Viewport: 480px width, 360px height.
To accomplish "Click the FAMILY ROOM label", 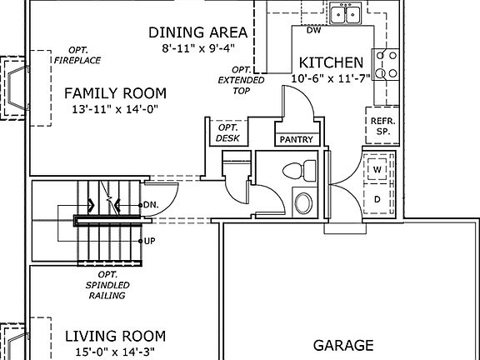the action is click(115, 93).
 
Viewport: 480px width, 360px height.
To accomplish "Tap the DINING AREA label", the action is click(197, 32).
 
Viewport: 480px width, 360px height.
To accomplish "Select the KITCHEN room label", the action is click(331, 62).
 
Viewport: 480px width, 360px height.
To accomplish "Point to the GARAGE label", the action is click(343, 345).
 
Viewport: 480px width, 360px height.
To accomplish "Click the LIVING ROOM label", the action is click(115, 336).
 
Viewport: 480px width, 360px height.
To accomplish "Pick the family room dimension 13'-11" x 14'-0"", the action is click(115, 109).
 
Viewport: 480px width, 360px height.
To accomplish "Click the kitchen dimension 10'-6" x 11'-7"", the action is click(331, 78).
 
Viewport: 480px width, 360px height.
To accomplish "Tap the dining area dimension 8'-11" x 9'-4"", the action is click(198, 48).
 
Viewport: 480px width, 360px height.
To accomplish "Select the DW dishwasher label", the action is click(314, 30).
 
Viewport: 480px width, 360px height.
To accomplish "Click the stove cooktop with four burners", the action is click(386, 64).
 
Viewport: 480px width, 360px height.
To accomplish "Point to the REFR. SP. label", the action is click(383, 126).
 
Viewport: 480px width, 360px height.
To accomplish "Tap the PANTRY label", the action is click(297, 140).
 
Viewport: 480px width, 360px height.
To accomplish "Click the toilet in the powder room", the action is click(299, 170).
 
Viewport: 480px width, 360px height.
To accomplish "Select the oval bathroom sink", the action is click(303, 203).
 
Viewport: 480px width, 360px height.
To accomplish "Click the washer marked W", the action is click(377, 169).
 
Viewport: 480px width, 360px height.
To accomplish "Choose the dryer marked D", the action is click(377, 199).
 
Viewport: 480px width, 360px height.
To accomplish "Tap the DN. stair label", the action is click(151, 205).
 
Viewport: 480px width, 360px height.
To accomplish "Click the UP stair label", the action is click(149, 241).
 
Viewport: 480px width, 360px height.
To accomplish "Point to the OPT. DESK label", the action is click(227, 132).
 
